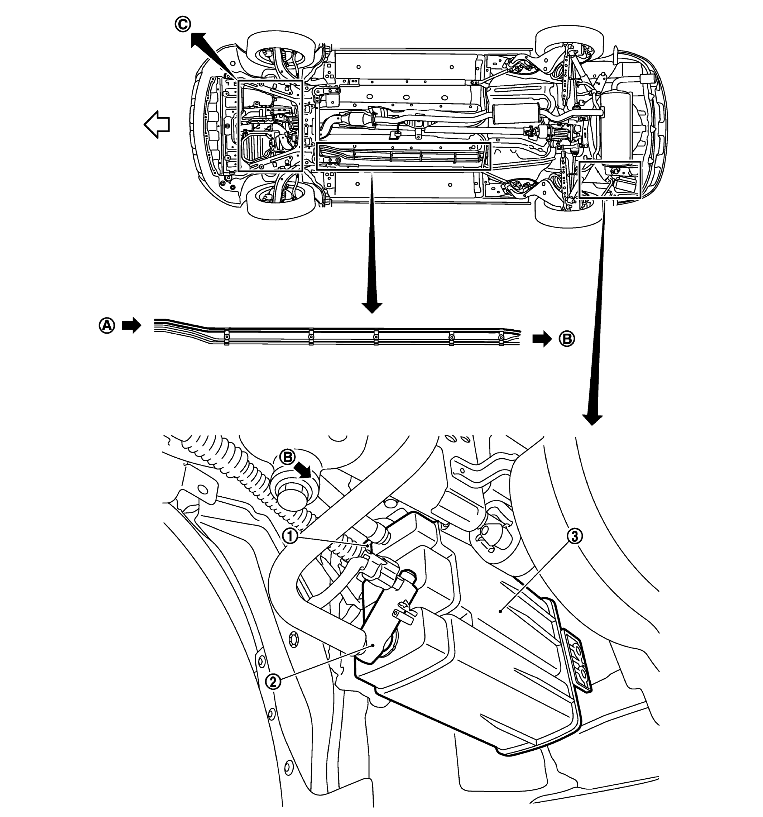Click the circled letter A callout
[106, 326]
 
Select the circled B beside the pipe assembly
[567, 339]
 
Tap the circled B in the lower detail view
[288, 457]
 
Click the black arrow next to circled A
[131, 326]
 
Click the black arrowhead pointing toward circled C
[199, 40]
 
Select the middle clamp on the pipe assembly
[375, 338]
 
